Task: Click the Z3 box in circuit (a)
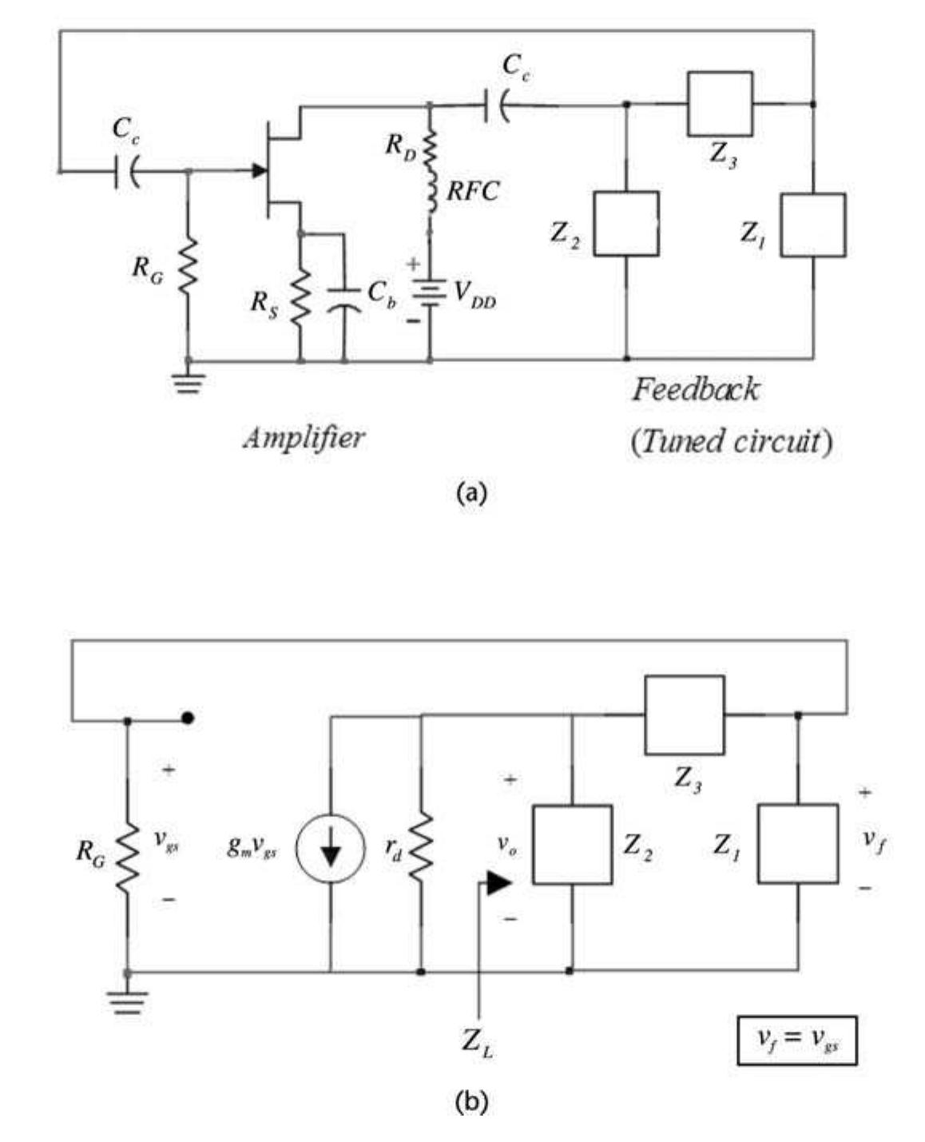pos(720,104)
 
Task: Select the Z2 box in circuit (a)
pos(625,224)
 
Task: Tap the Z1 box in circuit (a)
pos(812,225)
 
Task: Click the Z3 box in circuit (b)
pos(685,715)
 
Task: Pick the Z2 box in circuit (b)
pos(572,845)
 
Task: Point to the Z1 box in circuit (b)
pos(798,844)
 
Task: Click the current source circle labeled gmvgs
pos(330,849)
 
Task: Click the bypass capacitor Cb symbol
pos(344,296)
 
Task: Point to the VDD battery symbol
pos(430,292)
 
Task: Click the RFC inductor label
pos(472,191)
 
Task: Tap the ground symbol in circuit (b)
pos(128,1001)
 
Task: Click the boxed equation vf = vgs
pos(796,1040)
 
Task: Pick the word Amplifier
pos(304,437)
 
